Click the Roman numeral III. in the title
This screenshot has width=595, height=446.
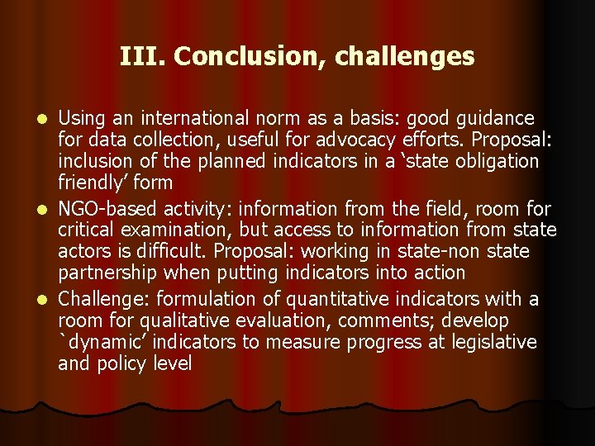tap(143, 56)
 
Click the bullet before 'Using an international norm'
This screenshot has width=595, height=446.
tap(47, 120)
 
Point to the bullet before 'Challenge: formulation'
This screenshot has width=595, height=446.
tap(47, 299)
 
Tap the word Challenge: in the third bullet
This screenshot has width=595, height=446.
tap(102, 298)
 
